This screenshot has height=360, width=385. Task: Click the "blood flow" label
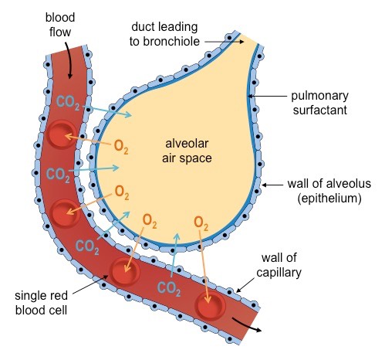pyautogui.click(x=60, y=25)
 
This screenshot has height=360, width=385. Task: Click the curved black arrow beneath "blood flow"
pyautogui.click(x=69, y=59)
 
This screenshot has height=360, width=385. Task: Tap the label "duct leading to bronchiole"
pyautogui.click(x=164, y=34)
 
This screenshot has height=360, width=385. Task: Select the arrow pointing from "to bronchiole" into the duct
pyautogui.click(x=225, y=42)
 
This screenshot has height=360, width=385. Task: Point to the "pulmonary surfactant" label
pyautogui.click(x=319, y=103)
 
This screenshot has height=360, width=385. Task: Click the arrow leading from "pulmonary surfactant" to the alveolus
pyautogui.click(x=267, y=96)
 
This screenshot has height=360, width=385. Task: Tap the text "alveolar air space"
pyautogui.click(x=187, y=151)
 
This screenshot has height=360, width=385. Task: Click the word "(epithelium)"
pyautogui.click(x=329, y=199)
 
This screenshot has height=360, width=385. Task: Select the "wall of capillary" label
pyautogui.click(x=279, y=265)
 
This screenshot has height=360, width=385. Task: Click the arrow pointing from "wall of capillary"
pyautogui.click(x=245, y=285)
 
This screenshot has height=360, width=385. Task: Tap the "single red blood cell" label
pyautogui.click(x=41, y=303)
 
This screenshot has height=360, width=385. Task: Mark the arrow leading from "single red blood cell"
pyautogui.click(x=90, y=284)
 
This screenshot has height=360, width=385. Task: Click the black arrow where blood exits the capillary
pyautogui.click(x=247, y=325)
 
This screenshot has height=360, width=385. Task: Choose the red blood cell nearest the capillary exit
pyautogui.click(x=210, y=305)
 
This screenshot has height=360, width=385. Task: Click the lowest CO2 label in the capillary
pyautogui.click(x=168, y=289)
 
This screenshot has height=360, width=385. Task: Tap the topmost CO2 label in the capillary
pyautogui.click(x=68, y=103)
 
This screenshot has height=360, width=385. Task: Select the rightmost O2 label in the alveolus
pyautogui.click(x=201, y=223)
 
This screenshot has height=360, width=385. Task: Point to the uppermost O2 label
pyautogui.click(x=121, y=147)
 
